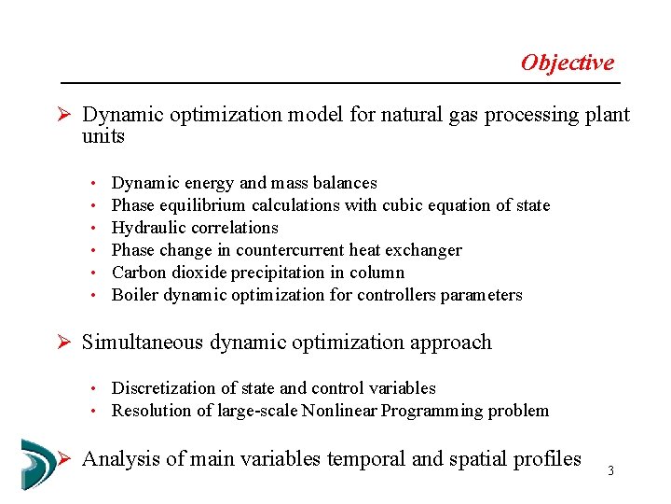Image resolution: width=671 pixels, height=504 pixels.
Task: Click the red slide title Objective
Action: pyautogui.click(x=567, y=63)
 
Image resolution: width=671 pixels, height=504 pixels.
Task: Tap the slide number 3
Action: pyautogui.click(x=610, y=470)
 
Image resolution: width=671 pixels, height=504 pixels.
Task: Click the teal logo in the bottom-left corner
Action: pyautogui.click(x=37, y=464)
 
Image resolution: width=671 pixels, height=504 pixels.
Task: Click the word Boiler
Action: pyautogui.click(x=133, y=295)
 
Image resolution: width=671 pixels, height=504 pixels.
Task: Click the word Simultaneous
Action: pyautogui.click(x=144, y=343)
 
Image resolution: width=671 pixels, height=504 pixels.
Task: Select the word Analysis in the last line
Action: pyautogui.click(x=116, y=458)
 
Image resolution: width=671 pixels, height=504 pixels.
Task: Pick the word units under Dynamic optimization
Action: pyautogui.click(x=103, y=136)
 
